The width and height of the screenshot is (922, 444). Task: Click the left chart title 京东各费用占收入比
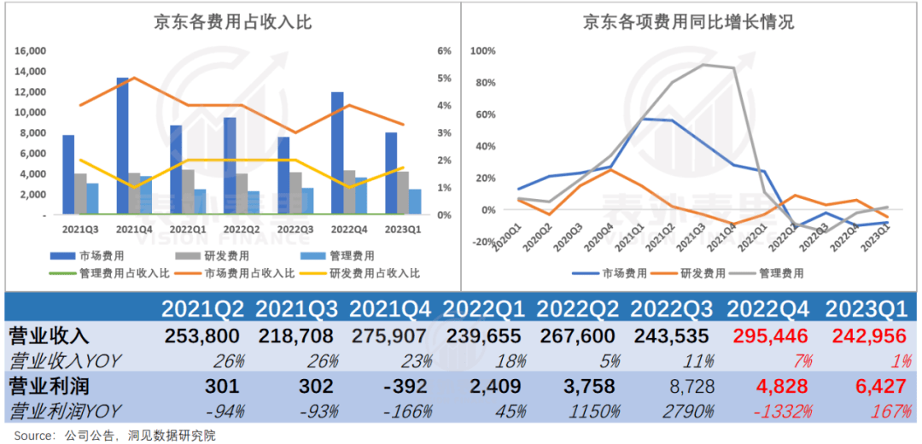232,22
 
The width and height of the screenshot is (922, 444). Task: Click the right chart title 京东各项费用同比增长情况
688,22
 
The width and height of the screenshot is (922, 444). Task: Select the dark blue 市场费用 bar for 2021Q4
123,145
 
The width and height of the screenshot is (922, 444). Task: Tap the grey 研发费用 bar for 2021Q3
80,194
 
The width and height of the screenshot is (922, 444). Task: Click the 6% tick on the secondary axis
444,51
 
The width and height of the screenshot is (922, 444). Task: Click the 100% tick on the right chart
483,51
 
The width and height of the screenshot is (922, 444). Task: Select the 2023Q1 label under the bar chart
403,230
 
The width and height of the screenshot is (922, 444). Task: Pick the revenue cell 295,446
767,335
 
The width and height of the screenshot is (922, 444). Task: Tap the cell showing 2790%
687,412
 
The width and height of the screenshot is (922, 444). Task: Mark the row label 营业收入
48,335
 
